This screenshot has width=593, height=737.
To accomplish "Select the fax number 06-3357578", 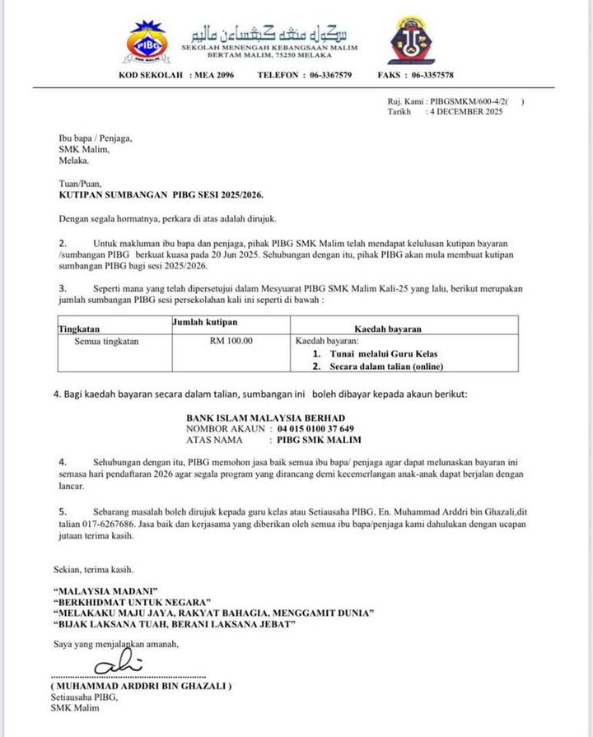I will click(427, 75).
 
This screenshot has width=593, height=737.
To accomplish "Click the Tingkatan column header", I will click(80, 329).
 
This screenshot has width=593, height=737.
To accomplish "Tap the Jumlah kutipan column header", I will click(203, 321).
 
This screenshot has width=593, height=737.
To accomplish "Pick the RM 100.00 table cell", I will click(231, 340).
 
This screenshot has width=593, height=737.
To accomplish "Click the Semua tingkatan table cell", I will click(107, 340).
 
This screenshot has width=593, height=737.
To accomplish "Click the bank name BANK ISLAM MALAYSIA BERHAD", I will click(265, 417).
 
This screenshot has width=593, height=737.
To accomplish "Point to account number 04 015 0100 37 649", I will click(316, 429).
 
